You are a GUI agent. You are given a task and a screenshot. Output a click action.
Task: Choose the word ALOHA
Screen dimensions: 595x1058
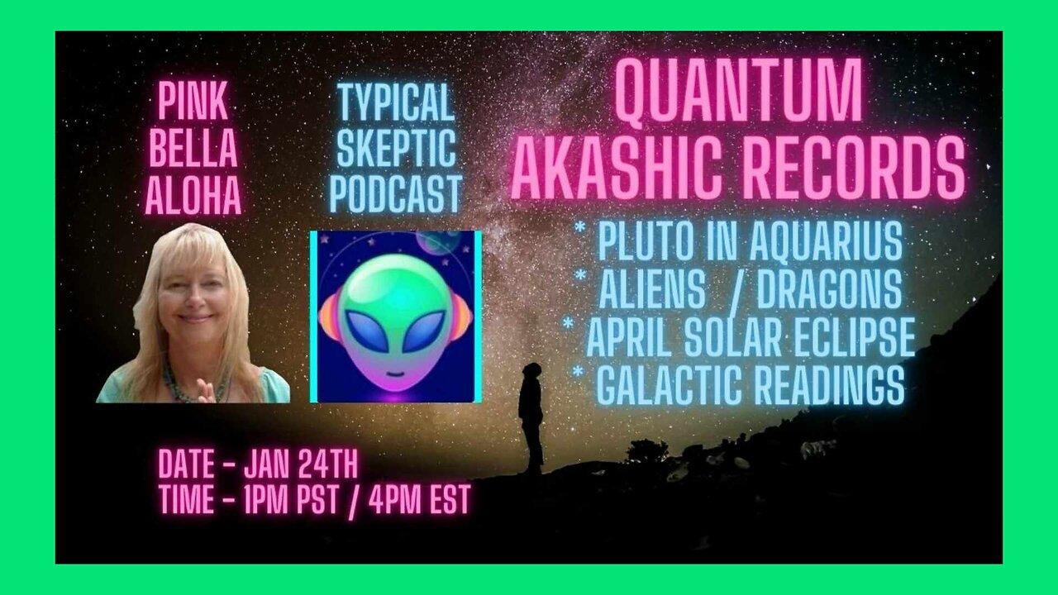193,196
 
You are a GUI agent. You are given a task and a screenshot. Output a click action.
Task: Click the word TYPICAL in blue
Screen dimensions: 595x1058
395,101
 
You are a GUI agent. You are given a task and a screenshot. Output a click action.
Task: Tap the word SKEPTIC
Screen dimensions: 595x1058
395,149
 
